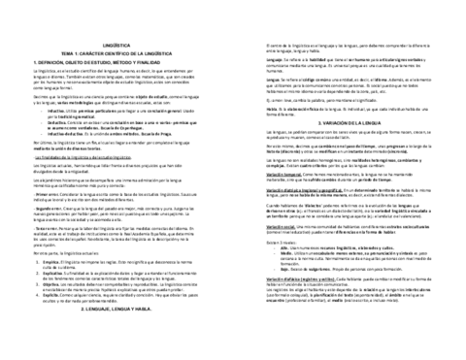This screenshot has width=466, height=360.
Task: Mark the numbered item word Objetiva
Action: pos(41,312)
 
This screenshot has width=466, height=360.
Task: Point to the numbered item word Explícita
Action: pos(41,299)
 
